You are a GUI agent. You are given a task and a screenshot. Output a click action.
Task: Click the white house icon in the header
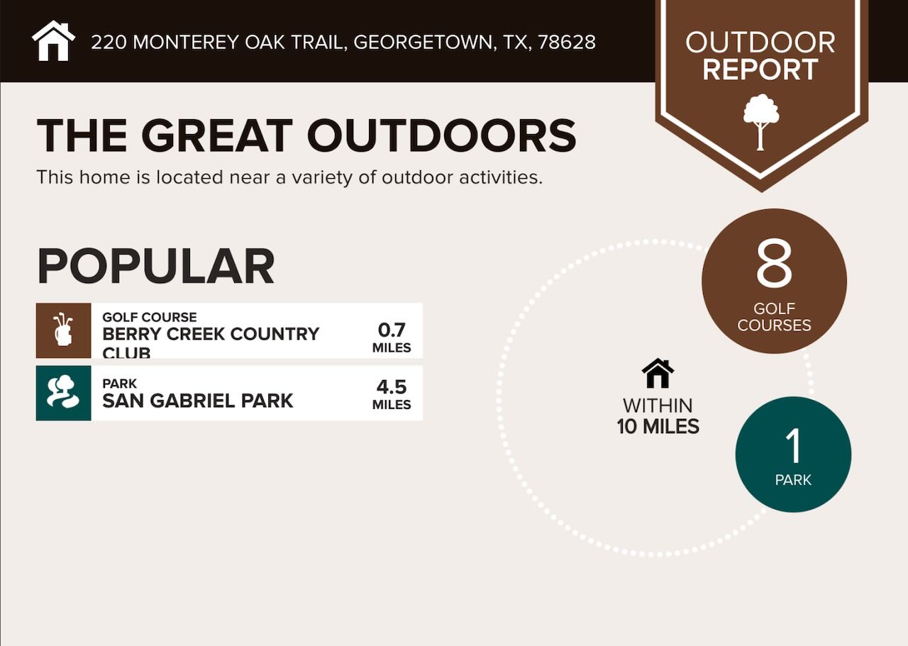pos(54,41)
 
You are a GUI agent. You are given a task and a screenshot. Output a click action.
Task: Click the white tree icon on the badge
pos(760,121)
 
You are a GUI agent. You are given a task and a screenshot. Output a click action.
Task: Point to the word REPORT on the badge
pos(760,70)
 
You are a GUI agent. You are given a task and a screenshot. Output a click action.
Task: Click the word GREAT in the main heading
pos(216,135)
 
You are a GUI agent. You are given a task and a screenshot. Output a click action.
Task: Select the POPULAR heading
pos(155,267)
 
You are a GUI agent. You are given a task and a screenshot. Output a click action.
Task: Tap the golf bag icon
pos(63,330)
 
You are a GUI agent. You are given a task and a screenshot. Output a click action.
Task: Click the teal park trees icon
pos(63,393)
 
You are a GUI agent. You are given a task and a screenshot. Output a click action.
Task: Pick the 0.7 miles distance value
pos(392,330)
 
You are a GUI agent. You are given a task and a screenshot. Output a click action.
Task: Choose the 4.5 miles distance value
pos(392,387)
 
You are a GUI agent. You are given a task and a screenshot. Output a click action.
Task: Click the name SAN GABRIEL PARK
pos(197,401)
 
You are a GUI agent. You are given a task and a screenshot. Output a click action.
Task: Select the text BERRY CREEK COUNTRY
pos(211,334)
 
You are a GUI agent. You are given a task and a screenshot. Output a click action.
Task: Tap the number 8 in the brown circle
pos(773,264)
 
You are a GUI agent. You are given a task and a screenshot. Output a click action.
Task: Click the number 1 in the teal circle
pos(793,446)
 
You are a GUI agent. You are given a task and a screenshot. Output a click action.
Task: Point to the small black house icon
pos(658,373)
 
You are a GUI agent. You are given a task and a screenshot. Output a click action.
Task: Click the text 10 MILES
pos(658,427)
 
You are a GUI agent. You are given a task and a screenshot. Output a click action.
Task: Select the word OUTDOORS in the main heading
pos(441,135)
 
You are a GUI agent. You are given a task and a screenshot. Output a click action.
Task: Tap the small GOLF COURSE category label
pos(149,317)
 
